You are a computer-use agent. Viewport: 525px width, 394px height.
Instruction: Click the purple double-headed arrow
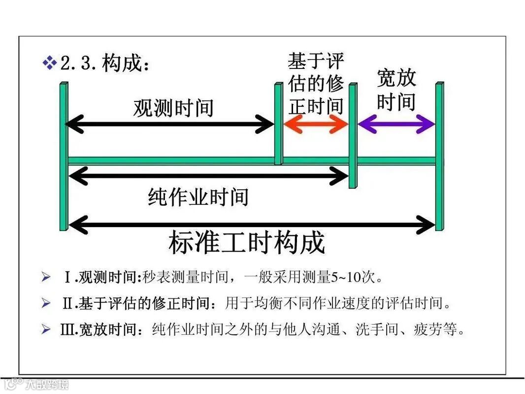pos(396,124)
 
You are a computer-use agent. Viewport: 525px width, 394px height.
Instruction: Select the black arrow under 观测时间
pos(169,125)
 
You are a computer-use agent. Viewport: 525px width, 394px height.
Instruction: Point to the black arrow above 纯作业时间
pos(208,174)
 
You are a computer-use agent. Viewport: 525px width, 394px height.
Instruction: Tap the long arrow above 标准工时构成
pos(251,226)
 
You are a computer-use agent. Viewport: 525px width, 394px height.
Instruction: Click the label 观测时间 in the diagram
pos(173,108)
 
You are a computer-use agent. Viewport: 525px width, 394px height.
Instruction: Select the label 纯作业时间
pos(198,197)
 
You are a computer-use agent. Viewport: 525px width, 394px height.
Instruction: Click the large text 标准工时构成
pos(247,243)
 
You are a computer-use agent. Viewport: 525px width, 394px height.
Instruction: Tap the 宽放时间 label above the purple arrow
pos(396,90)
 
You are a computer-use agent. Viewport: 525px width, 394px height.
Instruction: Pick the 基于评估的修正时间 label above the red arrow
pos(316,84)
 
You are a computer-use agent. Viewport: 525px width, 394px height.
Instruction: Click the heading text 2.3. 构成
pos(104,64)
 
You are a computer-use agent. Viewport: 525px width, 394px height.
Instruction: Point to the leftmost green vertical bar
pos(64,156)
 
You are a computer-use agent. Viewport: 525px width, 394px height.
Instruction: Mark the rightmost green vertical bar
pos(439,156)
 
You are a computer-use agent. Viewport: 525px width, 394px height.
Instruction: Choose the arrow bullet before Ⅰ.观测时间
pos(46,278)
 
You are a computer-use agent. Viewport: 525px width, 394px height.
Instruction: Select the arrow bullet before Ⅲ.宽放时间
pos(46,329)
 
